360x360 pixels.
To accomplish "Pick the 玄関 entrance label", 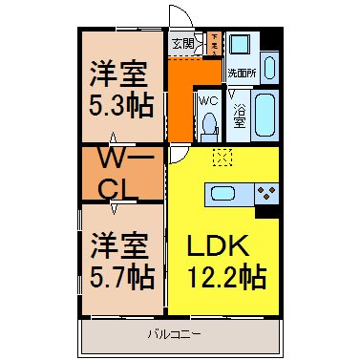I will click(x=183, y=43).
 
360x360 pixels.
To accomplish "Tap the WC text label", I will click(x=208, y=99).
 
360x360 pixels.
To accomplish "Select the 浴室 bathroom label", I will click(x=239, y=116).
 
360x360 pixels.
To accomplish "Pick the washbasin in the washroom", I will click(x=269, y=68).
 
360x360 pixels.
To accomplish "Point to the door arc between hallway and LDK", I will click(x=180, y=158).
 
